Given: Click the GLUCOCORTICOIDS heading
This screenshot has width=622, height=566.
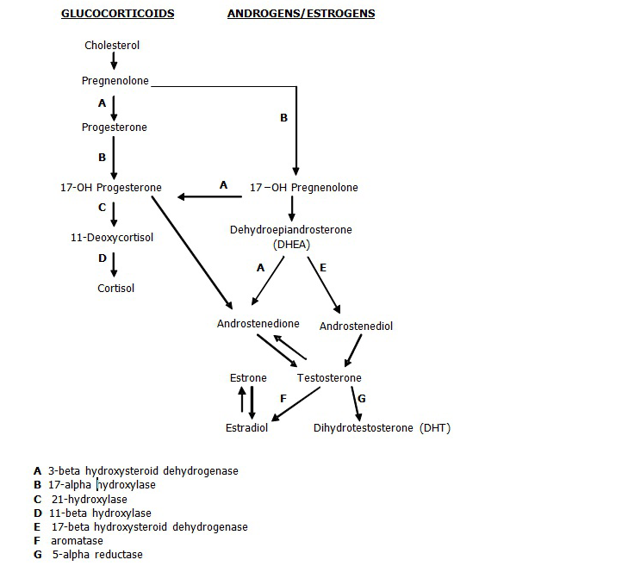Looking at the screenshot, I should [117, 14].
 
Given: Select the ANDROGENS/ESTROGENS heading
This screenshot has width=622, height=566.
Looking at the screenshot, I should [301, 14].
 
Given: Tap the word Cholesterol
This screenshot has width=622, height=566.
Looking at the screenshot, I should [112, 45].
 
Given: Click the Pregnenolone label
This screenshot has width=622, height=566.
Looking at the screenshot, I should [115, 81].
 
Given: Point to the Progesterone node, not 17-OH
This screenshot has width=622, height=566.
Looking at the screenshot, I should [114, 128].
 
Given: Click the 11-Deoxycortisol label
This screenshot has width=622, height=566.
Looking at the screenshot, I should [112, 237].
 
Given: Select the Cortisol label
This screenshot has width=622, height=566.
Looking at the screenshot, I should [115, 288].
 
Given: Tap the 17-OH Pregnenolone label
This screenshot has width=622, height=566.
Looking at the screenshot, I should [303, 188].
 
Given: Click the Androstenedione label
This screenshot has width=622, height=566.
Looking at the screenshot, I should [258, 324].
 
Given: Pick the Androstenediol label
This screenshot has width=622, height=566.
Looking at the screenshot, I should [356, 327].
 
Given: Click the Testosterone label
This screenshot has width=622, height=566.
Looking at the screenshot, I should [329, 378].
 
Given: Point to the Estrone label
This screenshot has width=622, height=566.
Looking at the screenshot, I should [248, 378].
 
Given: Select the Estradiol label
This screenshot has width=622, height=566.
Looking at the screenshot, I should [246, 428].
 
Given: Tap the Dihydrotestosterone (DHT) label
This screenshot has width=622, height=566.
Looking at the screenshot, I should [382, 428].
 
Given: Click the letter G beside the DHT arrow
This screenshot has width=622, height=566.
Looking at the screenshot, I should [362, 399].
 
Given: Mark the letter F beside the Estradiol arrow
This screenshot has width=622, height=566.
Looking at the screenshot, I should [282, 399].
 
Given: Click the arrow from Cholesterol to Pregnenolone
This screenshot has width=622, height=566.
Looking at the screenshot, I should [114, 62].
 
